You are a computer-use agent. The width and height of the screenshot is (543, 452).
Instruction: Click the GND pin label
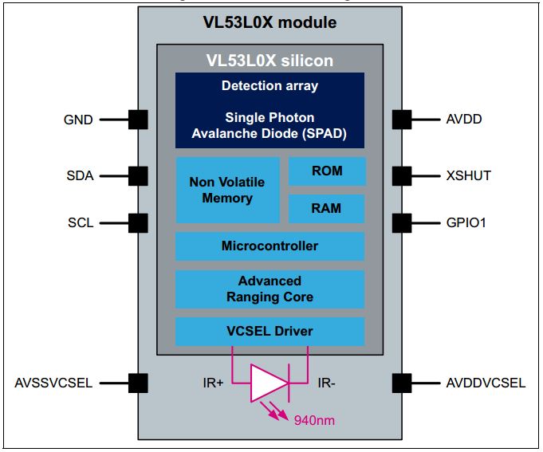coord(78,120)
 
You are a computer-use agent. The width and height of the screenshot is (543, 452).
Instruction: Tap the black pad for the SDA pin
coord(138,176)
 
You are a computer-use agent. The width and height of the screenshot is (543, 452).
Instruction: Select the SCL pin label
coord(81,222)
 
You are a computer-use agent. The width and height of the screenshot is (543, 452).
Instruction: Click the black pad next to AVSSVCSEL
coord(138,383)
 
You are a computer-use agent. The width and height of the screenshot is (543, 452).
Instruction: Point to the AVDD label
coord(464,119)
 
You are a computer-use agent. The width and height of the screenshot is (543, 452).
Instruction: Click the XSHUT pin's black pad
coord(402,176)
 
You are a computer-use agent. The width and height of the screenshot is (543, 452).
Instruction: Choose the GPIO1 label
coord(466,222)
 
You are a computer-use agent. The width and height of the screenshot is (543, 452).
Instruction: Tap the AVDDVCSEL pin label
coord(486,383)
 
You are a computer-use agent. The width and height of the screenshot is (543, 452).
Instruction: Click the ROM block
coord(327,171)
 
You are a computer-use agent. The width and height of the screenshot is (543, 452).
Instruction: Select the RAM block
coord(326,208)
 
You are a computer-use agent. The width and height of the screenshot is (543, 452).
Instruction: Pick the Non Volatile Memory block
coord(227,190)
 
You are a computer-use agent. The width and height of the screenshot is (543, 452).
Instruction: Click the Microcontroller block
coord(270,246)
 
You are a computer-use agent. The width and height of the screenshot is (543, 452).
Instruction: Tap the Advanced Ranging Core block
coord(270,289)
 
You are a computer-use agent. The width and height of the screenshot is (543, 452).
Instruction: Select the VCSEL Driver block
coord(270,331)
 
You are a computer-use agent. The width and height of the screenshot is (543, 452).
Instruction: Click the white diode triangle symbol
coord(269,383)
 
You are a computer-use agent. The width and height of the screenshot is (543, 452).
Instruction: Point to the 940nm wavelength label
coord(314,420)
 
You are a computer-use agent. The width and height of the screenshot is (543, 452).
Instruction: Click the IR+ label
coord(214,383)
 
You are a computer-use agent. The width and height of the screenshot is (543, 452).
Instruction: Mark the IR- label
coord(326,383)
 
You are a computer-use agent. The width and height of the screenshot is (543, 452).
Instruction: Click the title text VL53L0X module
coord(270,22)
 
